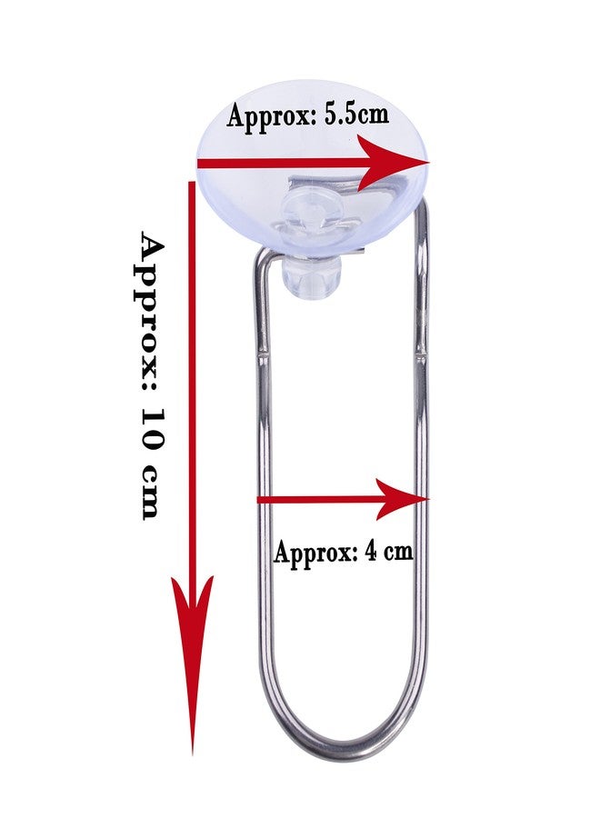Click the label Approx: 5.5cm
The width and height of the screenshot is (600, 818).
(x=308, y=115)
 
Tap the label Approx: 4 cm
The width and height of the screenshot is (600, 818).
(x=344, y=552)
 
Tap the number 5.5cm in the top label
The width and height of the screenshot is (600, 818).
(x=356, y=115)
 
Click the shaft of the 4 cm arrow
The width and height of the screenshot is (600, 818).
(x=318, y=500)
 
